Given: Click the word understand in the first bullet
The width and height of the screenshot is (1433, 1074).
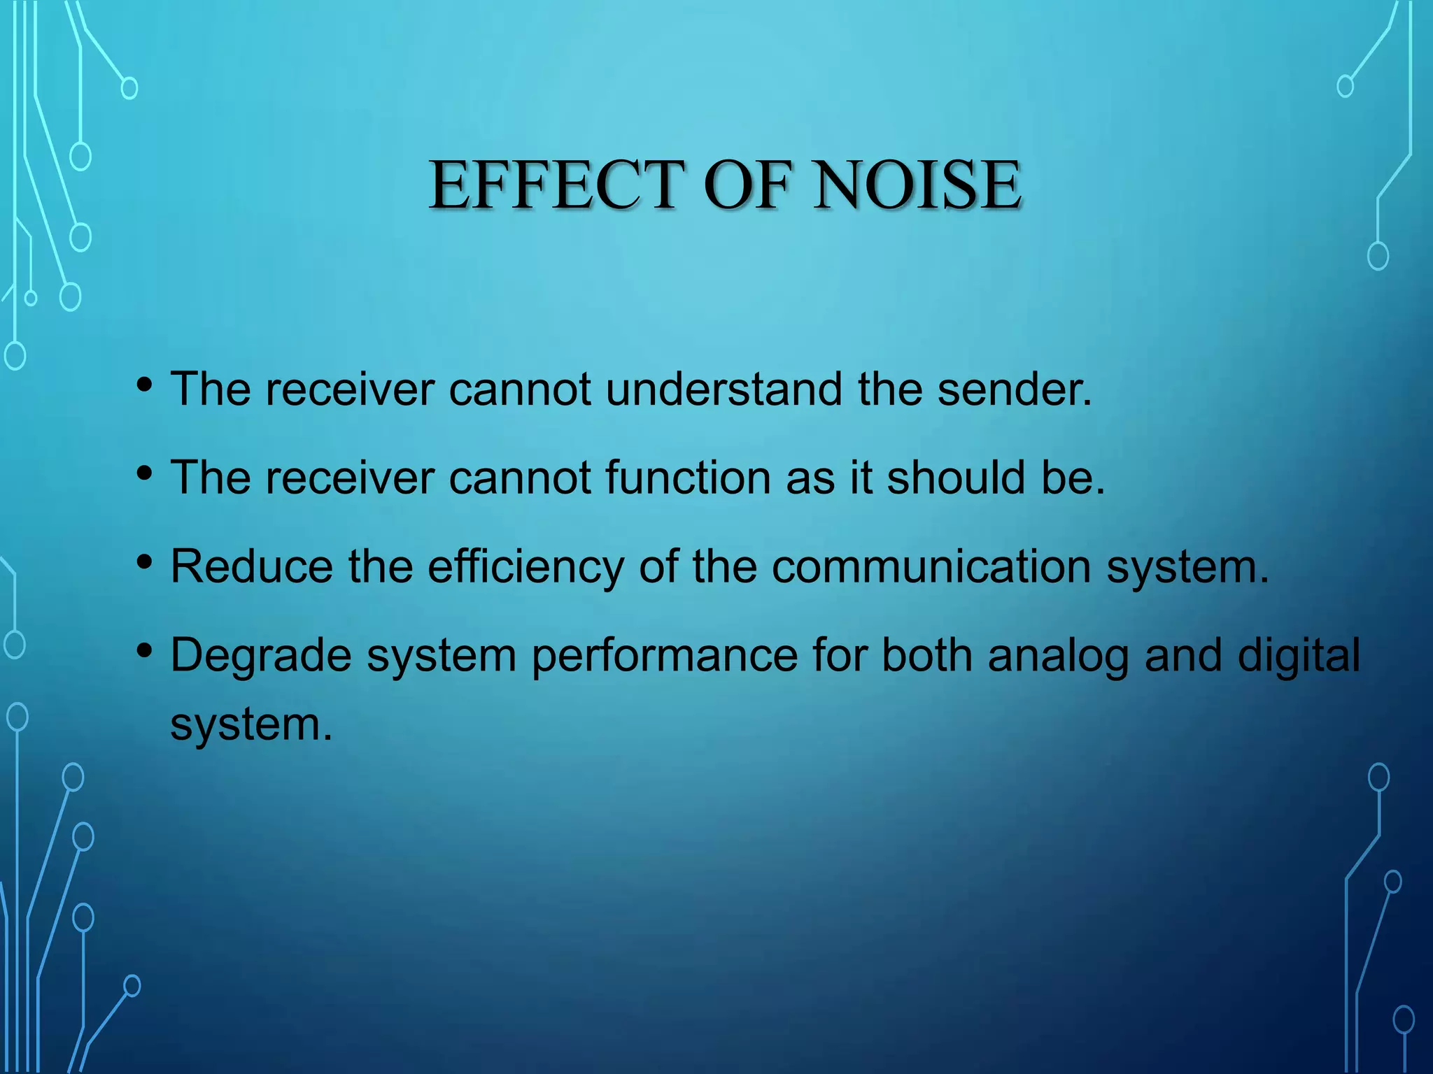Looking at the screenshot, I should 724,389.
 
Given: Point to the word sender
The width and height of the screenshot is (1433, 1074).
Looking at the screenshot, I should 1014,389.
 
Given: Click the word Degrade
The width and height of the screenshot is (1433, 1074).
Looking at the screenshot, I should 261,656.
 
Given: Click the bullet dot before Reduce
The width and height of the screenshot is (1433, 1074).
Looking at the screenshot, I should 145,561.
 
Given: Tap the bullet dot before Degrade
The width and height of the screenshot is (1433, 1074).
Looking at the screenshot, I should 145,651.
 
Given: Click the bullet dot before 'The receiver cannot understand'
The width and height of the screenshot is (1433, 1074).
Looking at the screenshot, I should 145,384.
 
